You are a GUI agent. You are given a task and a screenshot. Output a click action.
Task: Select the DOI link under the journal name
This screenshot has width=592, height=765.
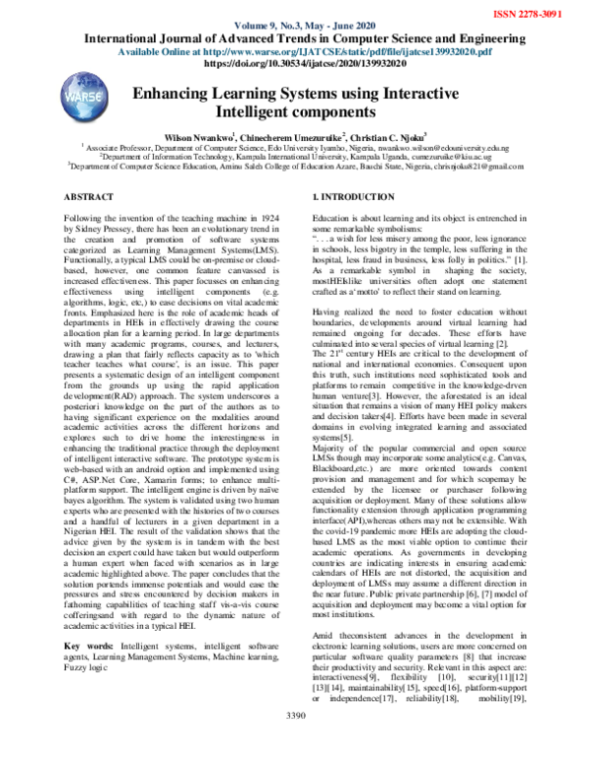pyautogui.click(x=297, y=61)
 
